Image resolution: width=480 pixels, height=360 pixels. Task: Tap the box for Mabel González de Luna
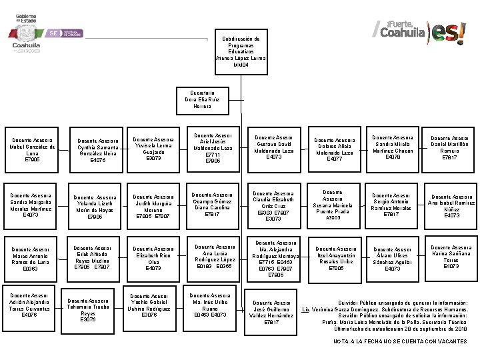pos(32,150)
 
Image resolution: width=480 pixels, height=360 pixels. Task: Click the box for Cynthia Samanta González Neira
pos(97,150)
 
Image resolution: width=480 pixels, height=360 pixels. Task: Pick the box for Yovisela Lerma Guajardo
pos(153,149)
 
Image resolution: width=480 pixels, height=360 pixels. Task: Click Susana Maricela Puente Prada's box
pos(333,204)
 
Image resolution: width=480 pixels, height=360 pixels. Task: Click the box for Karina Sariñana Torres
pos(451,257)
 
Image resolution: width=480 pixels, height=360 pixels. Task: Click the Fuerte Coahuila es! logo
pos(421,31)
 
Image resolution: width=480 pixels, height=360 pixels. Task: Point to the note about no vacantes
pos(400,341)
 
